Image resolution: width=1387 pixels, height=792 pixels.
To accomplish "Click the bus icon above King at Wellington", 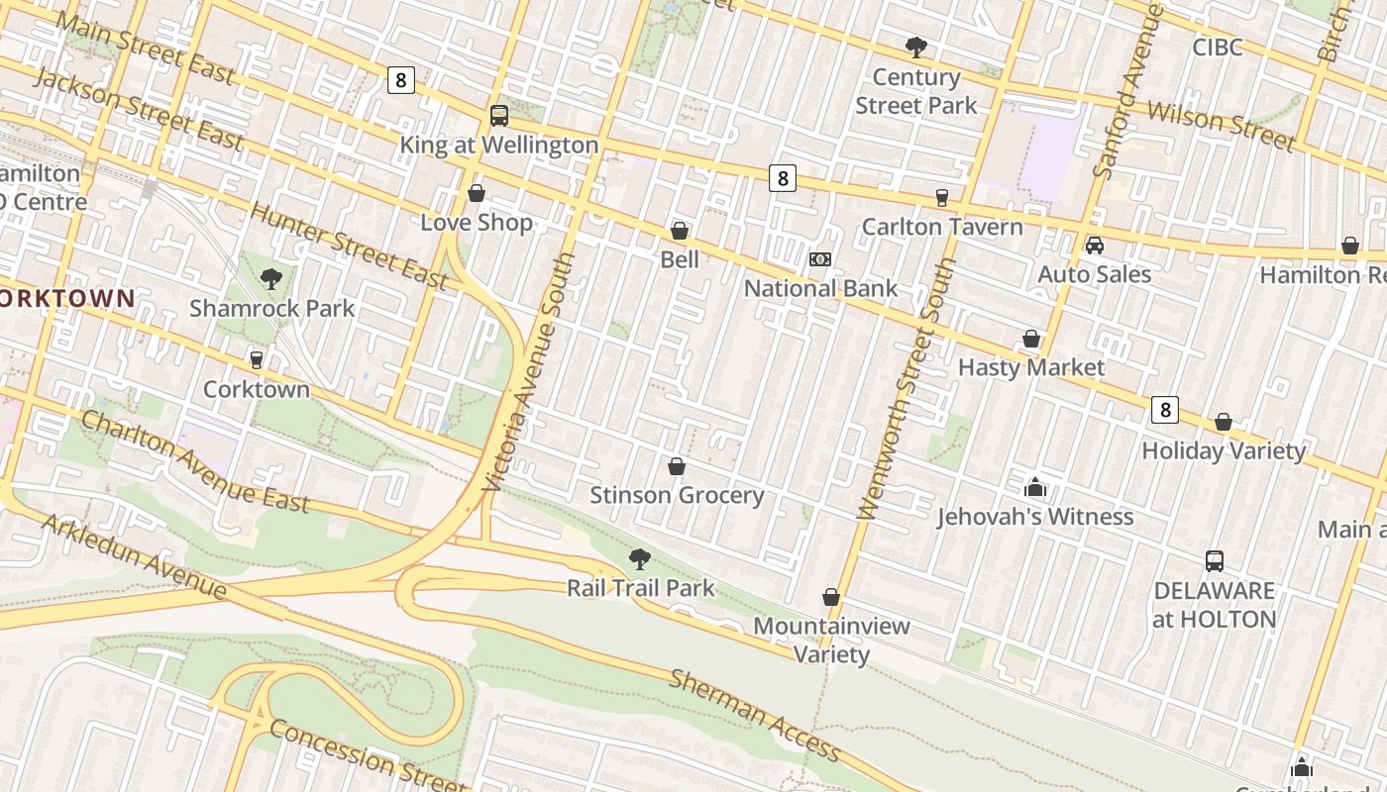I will click(499, 116).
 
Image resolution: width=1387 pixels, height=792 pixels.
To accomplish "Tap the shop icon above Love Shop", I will click(477, 193).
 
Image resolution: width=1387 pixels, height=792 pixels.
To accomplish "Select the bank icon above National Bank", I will click(820, 259).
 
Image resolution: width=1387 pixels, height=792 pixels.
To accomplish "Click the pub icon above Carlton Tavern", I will click(941, 198).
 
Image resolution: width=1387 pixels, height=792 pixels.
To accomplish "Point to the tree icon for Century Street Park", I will click(916, 47).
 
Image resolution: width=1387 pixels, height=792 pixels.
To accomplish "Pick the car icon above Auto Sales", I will click(1094, 246).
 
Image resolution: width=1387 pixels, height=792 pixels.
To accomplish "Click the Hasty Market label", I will click(1030, 367).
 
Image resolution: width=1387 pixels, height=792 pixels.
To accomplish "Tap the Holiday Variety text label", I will click(1224, 450).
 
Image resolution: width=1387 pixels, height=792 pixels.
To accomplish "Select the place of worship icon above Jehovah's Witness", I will click(1035, 487).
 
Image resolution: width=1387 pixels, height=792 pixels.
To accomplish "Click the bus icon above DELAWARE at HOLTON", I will click(1215, 561).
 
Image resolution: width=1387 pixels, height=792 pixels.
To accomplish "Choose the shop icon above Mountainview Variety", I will click(831, 597).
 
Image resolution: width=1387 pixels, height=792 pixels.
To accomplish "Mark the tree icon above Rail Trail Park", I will click(640, 559).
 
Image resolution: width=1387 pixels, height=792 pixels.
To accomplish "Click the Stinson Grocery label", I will click(677, 495).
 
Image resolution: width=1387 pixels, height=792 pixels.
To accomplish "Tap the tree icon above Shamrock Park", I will click(271, 279).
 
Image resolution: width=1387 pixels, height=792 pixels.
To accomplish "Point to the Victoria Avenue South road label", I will click(529, 372).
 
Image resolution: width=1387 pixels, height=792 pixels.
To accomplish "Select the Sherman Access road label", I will click(755, 715).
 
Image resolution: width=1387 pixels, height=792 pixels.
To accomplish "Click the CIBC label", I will click(1217, 48).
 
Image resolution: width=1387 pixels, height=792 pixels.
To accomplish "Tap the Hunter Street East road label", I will click(349, 246).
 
